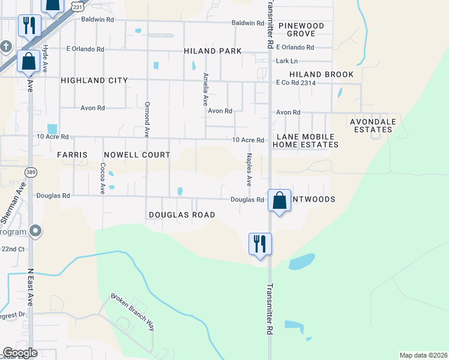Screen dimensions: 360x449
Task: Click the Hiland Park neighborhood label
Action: [x=213, y=52]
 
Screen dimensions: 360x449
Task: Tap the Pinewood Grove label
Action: [x=301, y=30]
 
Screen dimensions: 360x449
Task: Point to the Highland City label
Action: [x=94, y=80]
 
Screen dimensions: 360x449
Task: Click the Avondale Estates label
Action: [x=374, y=125]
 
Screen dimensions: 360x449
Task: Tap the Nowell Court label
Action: [x=137, y=155]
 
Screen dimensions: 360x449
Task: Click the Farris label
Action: [x=73, y=155]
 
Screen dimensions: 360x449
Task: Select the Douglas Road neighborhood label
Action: [x=182, y=215]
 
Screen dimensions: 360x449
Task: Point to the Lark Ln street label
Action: [x=287, y=61]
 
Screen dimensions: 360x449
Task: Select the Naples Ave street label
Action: [x=249, y=169]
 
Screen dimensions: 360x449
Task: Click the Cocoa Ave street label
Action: [x=103, y=178]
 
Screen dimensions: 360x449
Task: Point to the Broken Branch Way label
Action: [x=133, y=312]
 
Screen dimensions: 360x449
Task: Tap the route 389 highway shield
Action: [x=30, y=172]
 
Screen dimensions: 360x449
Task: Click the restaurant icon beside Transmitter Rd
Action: [x=261, y=244]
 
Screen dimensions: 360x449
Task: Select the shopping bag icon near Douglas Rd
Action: [x=280, y=201]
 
